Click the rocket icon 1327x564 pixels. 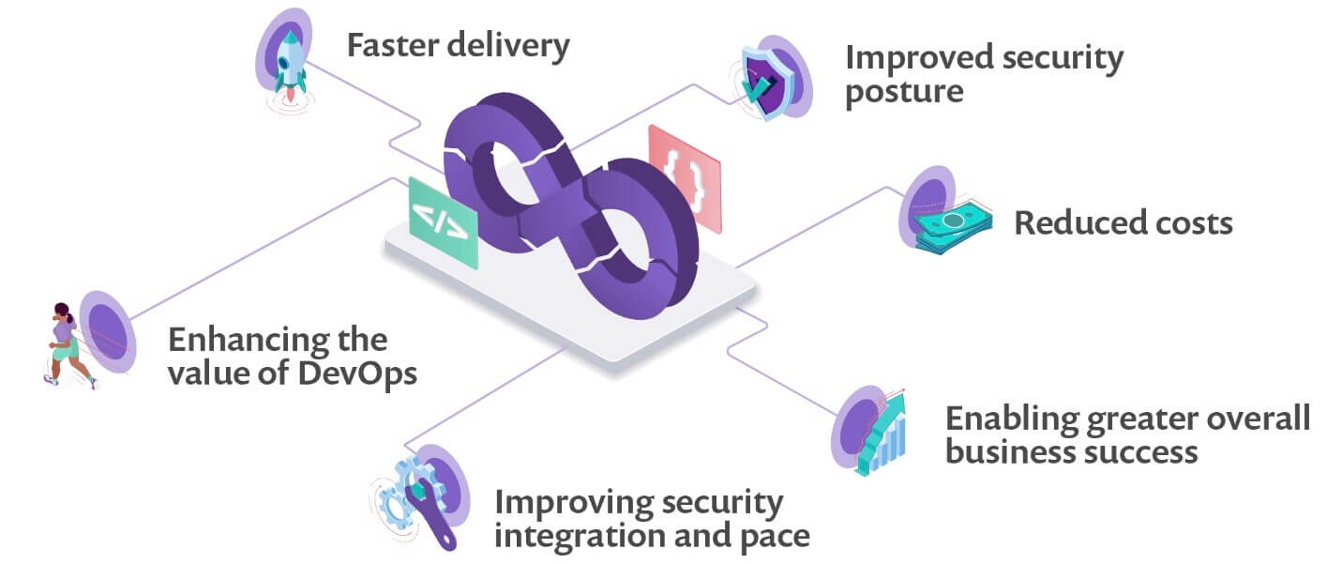[290, 67]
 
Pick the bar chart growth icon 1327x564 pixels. [882, 433]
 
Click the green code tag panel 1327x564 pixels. [444, 223]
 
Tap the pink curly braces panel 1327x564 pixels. [685, 179]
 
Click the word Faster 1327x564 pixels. [393, 45]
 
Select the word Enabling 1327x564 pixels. [1013, 419]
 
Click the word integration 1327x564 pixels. [580, 536]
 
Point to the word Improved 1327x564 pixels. [919, 59]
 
